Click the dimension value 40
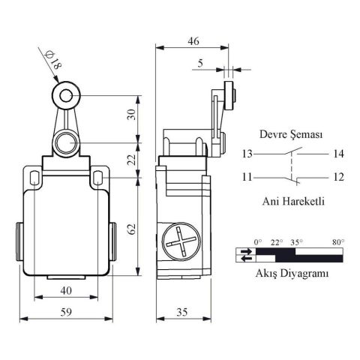(x=66, y=291)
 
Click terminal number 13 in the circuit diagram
(x=247, y=154)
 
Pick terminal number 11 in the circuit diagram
(x=247, y=177)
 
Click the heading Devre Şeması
(x=292, y=135)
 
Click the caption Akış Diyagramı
(x=291, y=274)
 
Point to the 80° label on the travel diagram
(x=337, y=241)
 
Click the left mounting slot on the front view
(x=34, y=177)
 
